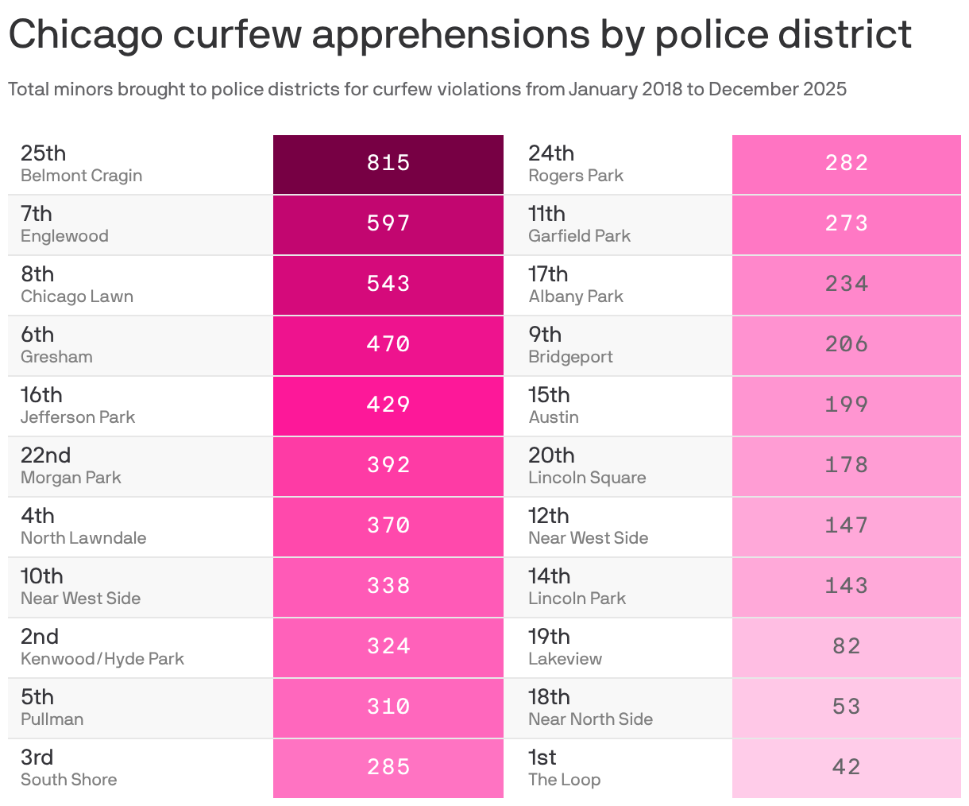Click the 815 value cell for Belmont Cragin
[388, 164]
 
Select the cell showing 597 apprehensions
[388, 224]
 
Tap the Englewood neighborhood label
[64, 236]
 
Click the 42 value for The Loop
[846, 767]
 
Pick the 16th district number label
[41, 395]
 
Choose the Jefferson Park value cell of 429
[388, 405]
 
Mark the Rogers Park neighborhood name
[576, 176]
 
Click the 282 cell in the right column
[846, 164]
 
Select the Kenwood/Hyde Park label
[102, 659]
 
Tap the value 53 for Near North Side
[846, 707]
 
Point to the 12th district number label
[549, 516]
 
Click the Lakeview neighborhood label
[565, 659]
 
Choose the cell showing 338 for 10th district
[388, 587]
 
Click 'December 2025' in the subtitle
[777, 89]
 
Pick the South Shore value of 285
[388, 767]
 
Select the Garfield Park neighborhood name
[579, 236]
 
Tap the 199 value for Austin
[846, 405]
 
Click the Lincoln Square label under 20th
[587, 478]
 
